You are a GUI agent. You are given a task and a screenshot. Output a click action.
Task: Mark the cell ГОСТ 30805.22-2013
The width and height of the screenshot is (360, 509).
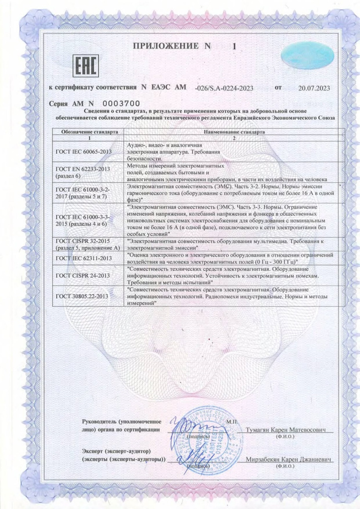pyautogui.click(x=82, y=296)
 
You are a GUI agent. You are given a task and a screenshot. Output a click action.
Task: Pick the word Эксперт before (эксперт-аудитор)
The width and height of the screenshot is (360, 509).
pyautogui.click(x=94, y=450)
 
